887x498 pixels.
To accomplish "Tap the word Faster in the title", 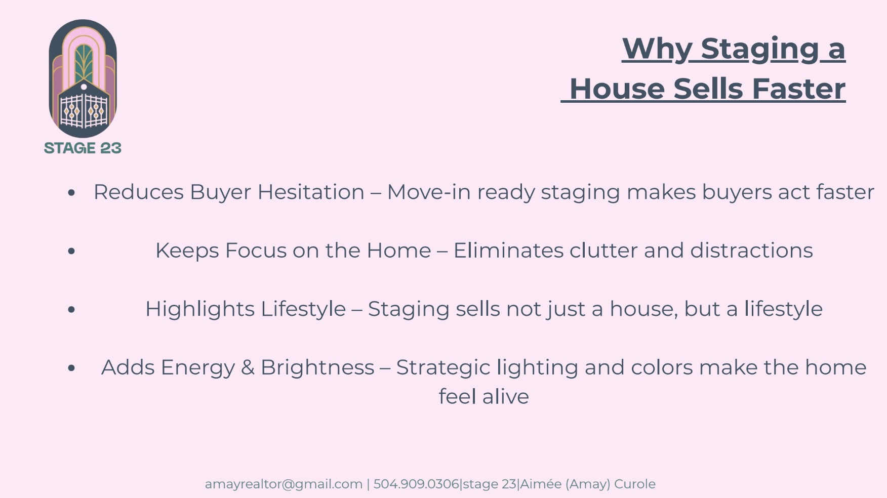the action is coord(798,89).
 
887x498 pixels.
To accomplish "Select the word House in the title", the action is coord(617,89).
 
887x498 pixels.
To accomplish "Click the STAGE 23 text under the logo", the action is coord(83,148).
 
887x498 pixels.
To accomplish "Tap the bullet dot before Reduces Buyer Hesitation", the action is coord(71,192).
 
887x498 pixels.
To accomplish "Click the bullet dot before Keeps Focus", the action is coord(71,251).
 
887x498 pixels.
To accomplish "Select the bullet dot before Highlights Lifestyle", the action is coord(71,309).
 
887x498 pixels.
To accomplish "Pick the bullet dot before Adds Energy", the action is coord(71,367).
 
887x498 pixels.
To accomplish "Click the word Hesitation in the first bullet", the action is coord(311,192).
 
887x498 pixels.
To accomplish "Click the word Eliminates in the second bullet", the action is coord(508,251).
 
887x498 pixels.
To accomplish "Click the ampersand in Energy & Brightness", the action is coord(248,367).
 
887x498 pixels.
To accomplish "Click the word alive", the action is coord(505,396).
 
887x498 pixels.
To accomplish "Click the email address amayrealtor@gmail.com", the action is coord(284,484).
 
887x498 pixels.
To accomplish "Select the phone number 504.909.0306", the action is coord(416,484).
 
